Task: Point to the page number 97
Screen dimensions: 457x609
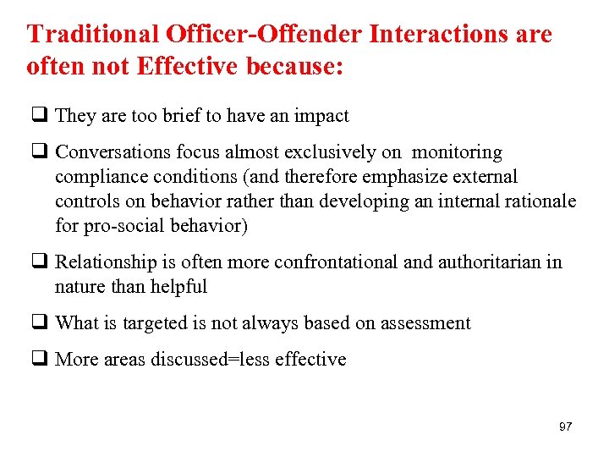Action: tap(565, 427)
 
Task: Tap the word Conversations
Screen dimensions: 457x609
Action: tap(112, 153)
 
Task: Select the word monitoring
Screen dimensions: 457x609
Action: tap(457, 153)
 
